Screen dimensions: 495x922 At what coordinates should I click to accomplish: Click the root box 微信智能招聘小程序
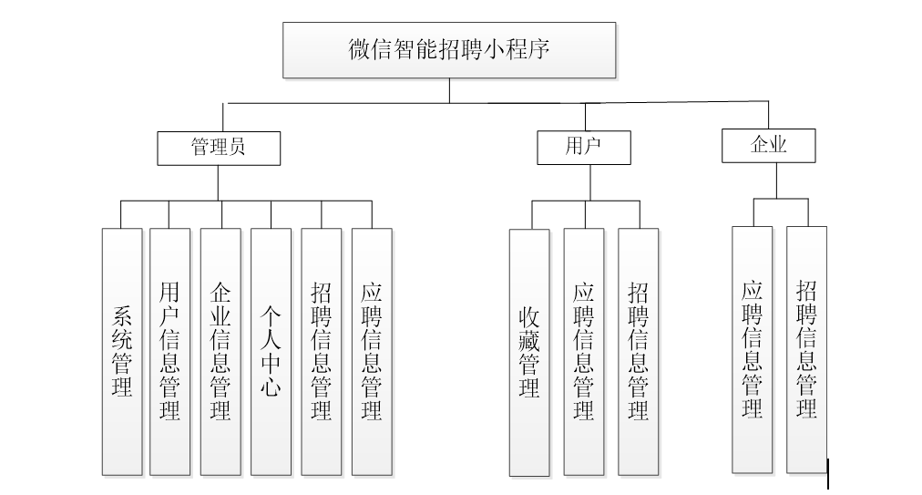pyautogui.click(x=449, y=50)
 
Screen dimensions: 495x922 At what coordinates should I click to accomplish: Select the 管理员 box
pyautogui.click(x=219, y=148)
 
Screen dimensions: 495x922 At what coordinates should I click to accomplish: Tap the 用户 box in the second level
pyautogui.click(x=583, y=147)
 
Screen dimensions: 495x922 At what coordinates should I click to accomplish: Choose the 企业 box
pyautogui.click(x=769, y=145)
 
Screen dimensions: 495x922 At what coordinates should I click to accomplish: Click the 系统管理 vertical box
pyautogui.click(x=122, y=352)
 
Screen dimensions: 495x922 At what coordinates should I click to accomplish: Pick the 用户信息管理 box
pyautogui.click(x=169, y=352)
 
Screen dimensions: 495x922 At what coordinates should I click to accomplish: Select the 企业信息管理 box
pyautogui.click(x=220, y=352)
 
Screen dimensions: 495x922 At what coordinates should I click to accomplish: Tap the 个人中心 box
pyautogui.click(x=271, y=352)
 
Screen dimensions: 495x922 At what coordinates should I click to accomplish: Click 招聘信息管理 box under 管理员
pyautogui.click(x=321, y=352)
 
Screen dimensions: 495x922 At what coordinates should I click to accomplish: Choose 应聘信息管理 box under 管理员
pyautogui.click(x=372, y=352)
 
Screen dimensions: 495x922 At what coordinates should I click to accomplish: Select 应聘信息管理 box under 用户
pyautogui.click(x=583, y=352)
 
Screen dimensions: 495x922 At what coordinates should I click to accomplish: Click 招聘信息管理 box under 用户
pyautogui.click(x=638, y=352)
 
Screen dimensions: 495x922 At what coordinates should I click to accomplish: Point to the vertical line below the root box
pyautogui.click(x=449, y=90)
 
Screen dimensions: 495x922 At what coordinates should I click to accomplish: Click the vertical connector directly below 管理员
pyautogui.click(x=219, y=182)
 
